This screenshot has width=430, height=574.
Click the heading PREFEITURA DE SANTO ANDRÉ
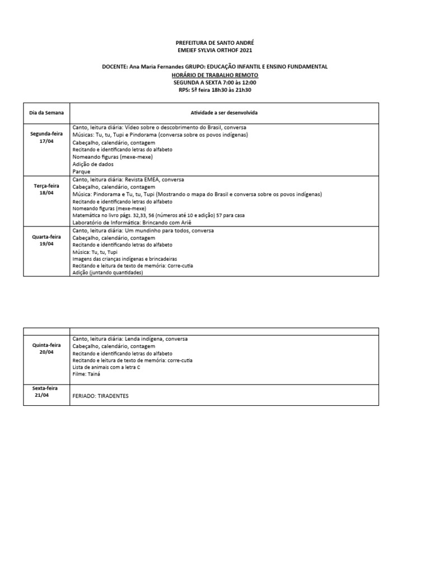pos(214,43)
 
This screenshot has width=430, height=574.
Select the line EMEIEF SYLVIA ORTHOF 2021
pos(214,50)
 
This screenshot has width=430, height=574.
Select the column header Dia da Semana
pos(46,113)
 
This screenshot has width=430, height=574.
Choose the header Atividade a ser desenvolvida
pos(224,113)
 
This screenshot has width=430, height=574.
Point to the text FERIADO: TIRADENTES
pos(101,396)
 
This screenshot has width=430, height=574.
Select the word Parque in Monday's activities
pos(81,172)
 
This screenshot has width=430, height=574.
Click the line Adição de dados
pos(93,164)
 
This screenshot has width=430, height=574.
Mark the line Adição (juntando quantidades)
pos(107,273)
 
